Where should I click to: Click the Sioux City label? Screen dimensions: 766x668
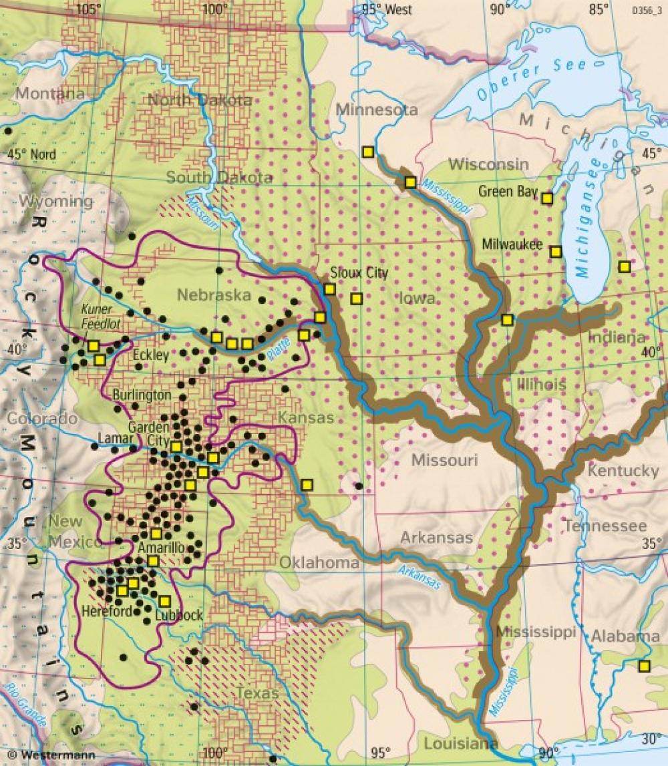359,273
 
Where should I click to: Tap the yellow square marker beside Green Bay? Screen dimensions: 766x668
547,198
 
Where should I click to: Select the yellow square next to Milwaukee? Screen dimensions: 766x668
555,251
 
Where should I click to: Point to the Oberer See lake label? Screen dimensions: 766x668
531,78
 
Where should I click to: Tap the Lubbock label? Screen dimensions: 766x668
178,616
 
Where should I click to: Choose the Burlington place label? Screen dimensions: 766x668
142,395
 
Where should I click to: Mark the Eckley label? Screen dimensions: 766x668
151,355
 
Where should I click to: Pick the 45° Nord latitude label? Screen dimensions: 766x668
32,155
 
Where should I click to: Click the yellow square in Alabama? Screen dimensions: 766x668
643,665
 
